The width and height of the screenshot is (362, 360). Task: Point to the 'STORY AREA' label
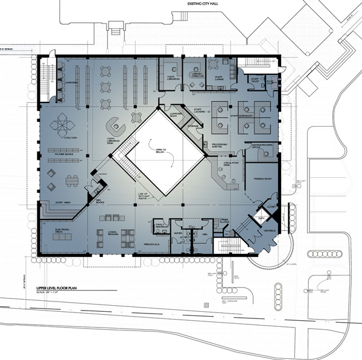click(63, 203)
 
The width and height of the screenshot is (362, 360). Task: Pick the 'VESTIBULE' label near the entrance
click(270, 231)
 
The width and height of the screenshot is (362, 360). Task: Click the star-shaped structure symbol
click(62, 125)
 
